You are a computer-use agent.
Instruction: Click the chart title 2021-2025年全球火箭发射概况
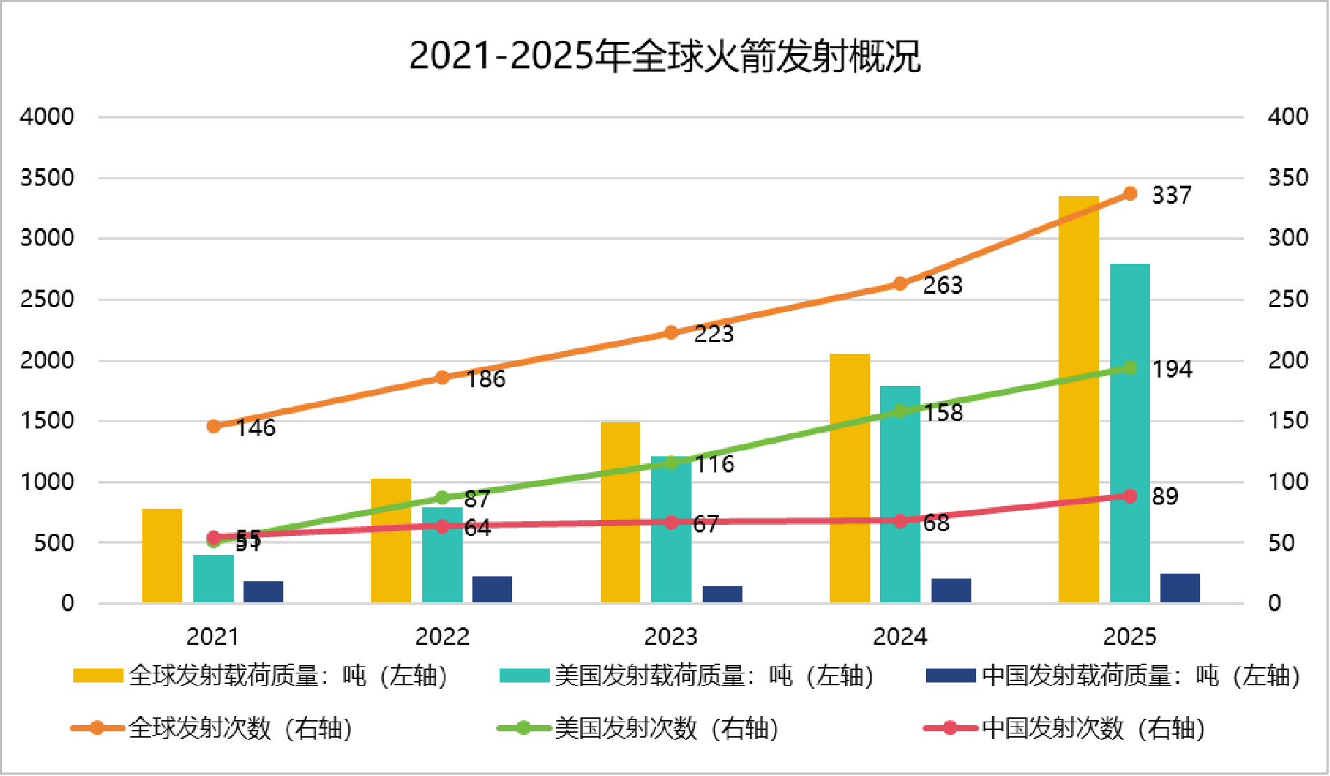(x=664, y=56)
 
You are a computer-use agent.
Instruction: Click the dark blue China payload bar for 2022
(x=492, y=590)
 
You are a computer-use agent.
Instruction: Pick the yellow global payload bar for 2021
(x=162, y=555)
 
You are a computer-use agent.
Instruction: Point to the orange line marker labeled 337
(x=1130, y=193)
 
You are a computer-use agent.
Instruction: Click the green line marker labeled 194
(x=1130, y=368)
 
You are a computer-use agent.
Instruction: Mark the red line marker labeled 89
(x=1130, y=495)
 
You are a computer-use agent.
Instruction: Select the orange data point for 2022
(x=442, y=378)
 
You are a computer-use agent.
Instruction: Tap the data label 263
(x=943, y=285)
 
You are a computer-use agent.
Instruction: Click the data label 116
(x=715, y=464)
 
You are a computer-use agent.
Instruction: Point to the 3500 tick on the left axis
(x=47, y=178)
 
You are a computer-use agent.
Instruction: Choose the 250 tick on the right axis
(x=1287, y=299)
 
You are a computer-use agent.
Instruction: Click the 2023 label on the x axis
(x=671, y=636)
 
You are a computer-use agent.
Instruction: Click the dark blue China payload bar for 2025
(x=1180, y=588)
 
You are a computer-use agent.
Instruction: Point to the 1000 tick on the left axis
(x=47, y=482)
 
